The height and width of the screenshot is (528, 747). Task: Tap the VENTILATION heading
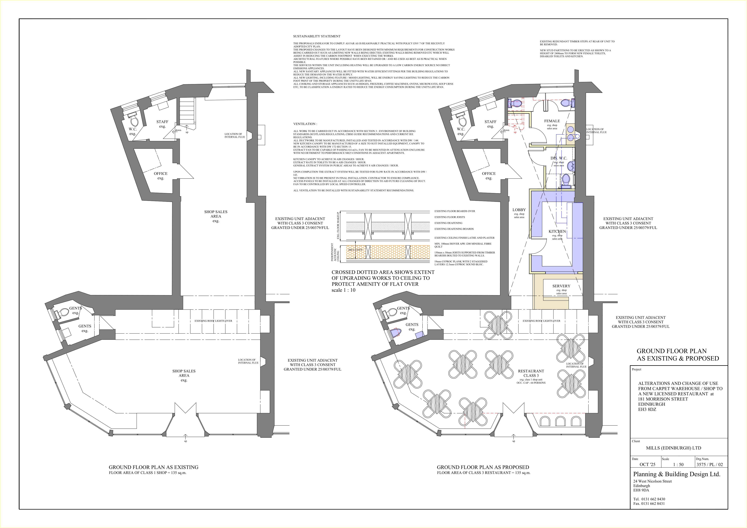[305, 124]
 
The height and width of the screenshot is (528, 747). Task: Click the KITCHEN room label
[557, 232]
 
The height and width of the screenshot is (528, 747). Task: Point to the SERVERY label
[561, 286]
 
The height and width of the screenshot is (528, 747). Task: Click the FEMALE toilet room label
[552, 121]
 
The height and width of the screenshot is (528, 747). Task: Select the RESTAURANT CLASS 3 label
[531, 373]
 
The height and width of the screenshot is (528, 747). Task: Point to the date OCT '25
[647, 465]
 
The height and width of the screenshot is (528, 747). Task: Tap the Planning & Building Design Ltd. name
[677, 474]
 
